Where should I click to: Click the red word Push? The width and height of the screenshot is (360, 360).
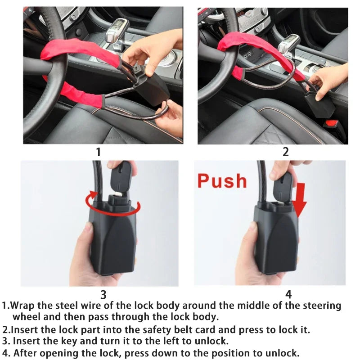pyautogui.click(x=222, y=180)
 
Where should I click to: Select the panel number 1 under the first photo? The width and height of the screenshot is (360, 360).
pyautogui.click(x=99, y=152)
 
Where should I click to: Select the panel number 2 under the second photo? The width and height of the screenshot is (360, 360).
pyautogui.click(x=285, y=152)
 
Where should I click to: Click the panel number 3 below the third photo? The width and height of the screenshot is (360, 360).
pyautogui.click(x=103, y=295)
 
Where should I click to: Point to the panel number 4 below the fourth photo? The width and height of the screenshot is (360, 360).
pyautogui.click(x=288, y=295)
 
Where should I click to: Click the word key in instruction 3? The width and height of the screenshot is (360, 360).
pyautogui.click(x=76, y=341)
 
